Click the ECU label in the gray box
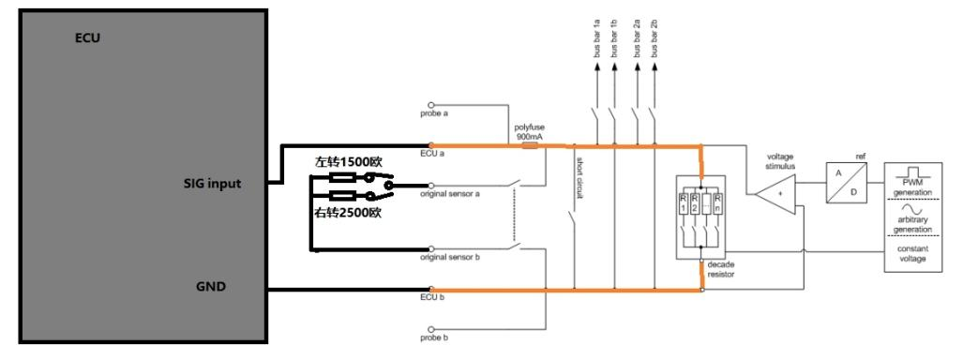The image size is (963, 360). click(x=87, y=40)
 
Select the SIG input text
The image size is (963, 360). click(x=212, y=185)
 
